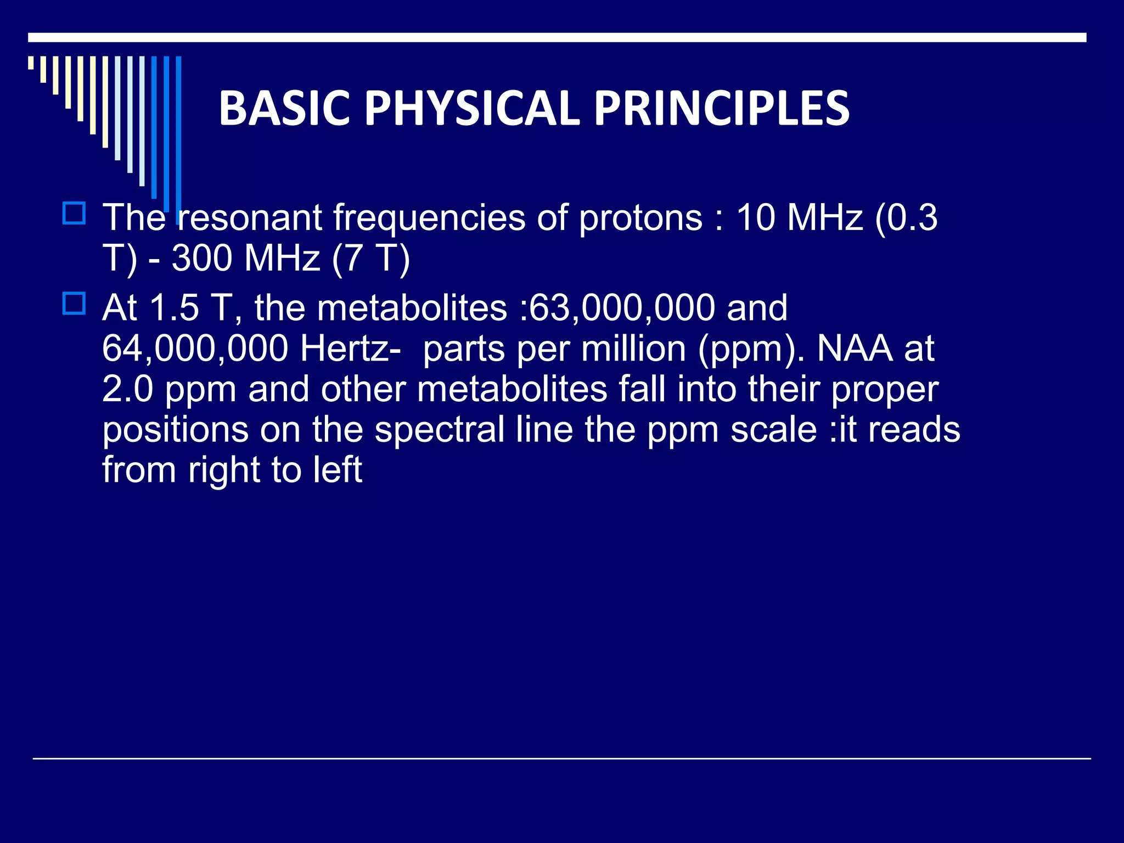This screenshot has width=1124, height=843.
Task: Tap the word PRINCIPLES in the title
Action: click(x=722, y=108)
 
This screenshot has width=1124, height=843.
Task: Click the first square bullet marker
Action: click(x=74, y=213)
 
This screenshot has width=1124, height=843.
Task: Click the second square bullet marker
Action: click(x=74, y=303)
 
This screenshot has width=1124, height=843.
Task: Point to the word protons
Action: click(x=640, y=218)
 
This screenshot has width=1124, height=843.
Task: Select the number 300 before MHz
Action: click(x=202, y=258)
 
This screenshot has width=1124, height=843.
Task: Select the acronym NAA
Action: click(x=855, y=348)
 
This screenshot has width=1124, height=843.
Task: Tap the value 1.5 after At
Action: click(x=174, y=307)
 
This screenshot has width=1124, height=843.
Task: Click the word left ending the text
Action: click(x=338, y=470)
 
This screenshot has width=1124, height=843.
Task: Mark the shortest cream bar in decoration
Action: click(x=31, y=63)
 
